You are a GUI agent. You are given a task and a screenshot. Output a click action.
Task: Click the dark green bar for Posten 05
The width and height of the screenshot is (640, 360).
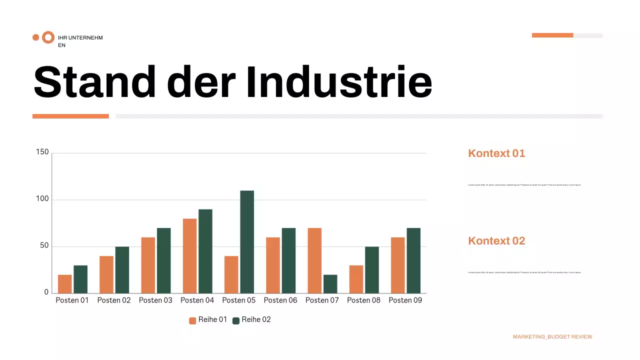247,241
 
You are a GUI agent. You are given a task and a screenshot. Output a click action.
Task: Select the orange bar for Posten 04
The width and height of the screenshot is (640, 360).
189,255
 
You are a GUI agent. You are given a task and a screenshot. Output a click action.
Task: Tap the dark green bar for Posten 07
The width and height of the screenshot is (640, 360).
330,283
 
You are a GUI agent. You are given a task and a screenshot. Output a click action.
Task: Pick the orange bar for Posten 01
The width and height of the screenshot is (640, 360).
65,283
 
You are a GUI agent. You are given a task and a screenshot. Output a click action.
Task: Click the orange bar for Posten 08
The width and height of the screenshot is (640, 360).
356,279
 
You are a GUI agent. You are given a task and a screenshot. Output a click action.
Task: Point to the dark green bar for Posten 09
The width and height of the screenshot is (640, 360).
413,260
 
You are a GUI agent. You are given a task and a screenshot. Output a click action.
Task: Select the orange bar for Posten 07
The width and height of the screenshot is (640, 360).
314,260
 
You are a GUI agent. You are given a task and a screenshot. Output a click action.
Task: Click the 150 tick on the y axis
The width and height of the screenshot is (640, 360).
42,152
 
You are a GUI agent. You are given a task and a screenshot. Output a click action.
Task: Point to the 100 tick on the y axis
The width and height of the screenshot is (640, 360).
42,199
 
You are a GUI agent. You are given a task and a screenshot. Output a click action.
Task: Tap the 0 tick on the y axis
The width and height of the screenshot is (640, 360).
46,292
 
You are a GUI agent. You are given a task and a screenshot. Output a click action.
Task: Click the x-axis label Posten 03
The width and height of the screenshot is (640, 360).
155,300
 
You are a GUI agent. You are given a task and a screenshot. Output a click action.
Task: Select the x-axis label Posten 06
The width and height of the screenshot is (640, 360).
280,300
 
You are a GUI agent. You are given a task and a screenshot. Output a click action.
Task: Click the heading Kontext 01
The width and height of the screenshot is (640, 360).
496,153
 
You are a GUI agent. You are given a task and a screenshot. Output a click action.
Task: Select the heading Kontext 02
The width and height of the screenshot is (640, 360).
496,241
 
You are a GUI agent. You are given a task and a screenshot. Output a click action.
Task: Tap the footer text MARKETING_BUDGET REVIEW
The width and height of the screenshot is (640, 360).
552,337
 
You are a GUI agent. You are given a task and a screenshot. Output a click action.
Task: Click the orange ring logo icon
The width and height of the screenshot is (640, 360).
48,37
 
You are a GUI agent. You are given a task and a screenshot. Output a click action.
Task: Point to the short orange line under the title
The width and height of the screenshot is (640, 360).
70,116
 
